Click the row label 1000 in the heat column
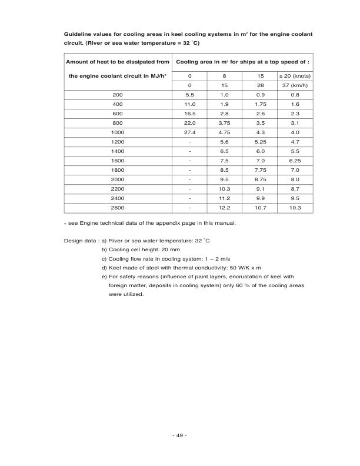point(118,132)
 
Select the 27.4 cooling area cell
point(189,132)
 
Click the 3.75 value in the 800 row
point(224,123)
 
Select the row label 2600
point(118,208)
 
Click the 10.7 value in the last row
point(259,208)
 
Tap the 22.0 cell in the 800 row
point(189,123)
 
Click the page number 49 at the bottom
point(179,435)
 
